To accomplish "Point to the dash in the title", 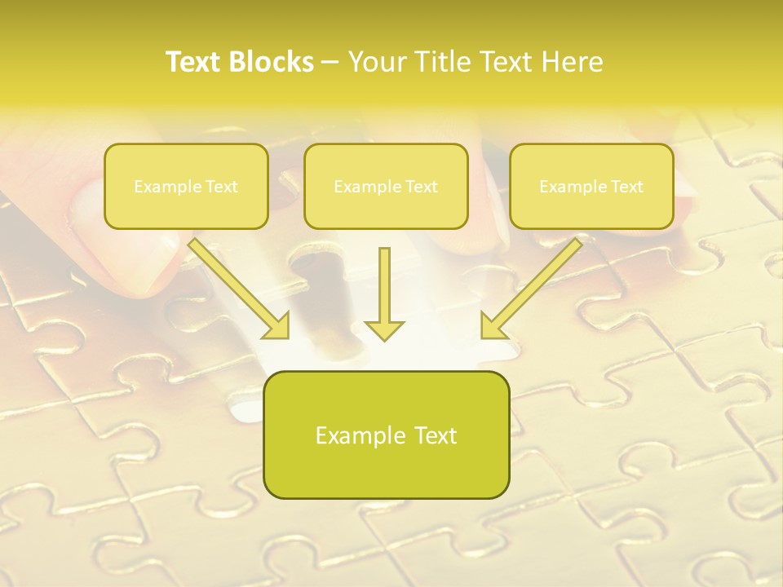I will [330, 62].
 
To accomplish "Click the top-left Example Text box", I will [186, 186].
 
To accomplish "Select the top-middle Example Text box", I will [386, 186].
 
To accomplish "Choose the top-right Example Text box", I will [591, 186].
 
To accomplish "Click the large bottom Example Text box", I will [386, 435].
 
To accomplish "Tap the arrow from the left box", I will [237, 285].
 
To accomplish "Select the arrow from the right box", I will [534, 285].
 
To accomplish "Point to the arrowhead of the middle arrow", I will [384, 330].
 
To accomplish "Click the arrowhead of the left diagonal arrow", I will [277, 326].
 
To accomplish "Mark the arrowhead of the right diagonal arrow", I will [492, 326].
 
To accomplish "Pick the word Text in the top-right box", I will [626, 187].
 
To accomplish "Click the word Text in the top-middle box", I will [421, 187].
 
